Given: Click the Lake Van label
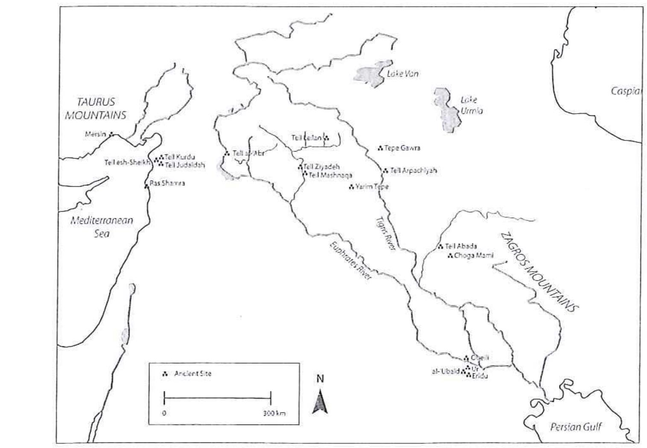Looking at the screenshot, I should [x=402, y=73].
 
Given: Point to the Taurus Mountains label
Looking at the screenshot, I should [x=96, y=108].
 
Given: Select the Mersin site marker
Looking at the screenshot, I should [x=111, y=134].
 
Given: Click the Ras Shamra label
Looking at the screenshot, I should [x=167, y=183].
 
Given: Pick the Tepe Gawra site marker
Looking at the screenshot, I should [x=380, y=148].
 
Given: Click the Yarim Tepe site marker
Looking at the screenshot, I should [x=351, y=187].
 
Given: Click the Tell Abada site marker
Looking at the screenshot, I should [x=440, y=246].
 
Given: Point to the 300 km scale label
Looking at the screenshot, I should [x=274, y=413].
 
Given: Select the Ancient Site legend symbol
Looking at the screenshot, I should [x=165, y=374].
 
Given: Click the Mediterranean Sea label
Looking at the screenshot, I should [x=102, y=227].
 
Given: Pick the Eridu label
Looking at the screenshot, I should [x=480, y=376].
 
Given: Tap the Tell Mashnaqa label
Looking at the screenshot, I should [x=330, y=175].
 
